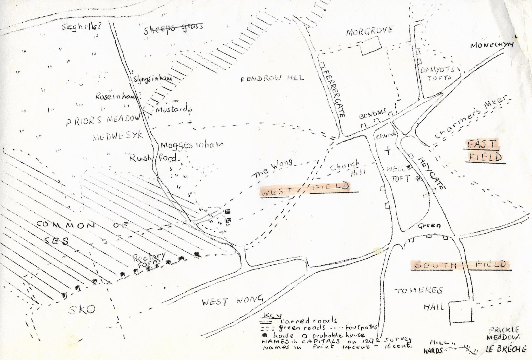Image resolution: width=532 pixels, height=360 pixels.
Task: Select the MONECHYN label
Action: click(492, 45)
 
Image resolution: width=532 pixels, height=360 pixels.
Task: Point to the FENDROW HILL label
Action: click(272, 78)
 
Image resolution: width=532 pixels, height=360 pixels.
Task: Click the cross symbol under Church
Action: click(388, 150)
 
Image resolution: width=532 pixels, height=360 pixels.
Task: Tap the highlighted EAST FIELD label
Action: click(484, 151)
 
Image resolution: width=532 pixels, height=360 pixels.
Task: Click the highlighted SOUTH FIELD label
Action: click(460, 265)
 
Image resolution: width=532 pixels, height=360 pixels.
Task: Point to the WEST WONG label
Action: click(232, 301)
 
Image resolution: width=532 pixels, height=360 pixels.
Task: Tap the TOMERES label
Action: click(418, 291)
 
